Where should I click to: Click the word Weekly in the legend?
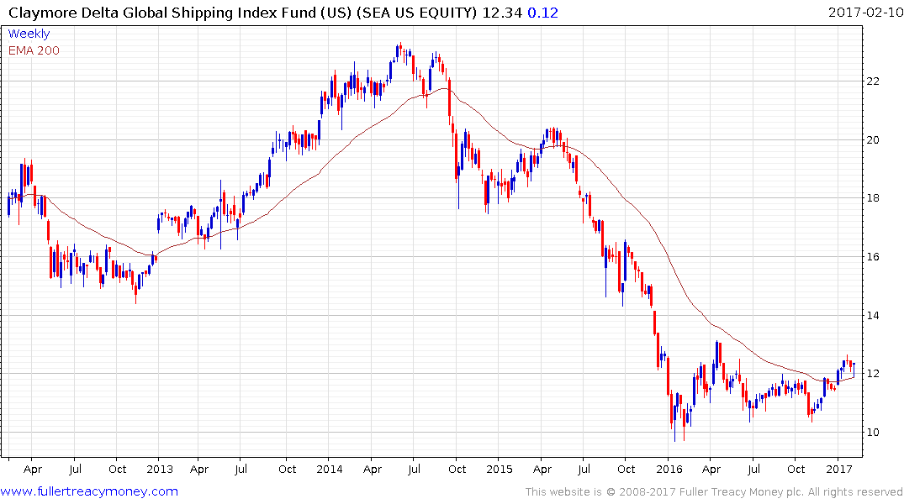pos(29,34)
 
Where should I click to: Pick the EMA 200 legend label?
pos(34,50)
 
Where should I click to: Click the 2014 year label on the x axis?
pos(329,469)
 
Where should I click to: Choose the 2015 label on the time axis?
pos(499,469)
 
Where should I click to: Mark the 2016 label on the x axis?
pos(669,469)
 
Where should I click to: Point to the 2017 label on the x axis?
pos(838,469)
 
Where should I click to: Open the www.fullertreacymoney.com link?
pos(89,491)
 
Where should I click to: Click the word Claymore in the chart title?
pos(40,12)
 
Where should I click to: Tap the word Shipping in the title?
pos(198,12)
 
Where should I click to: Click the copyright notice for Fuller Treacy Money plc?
pos(714,491)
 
